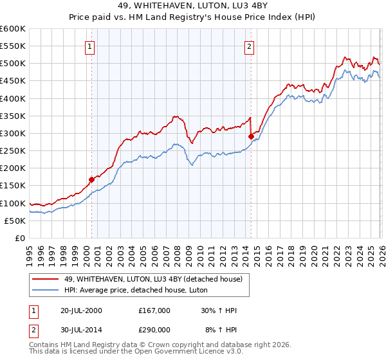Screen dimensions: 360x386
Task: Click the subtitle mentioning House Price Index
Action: (193, 17)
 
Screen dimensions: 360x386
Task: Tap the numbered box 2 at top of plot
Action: (249, 46)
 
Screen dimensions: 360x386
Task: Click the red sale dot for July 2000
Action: (92, 179)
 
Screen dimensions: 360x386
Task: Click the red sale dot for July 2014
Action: (251, 136)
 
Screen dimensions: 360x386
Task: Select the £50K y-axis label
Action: (15, 221)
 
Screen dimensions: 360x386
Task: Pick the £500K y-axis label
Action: (13, 63)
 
